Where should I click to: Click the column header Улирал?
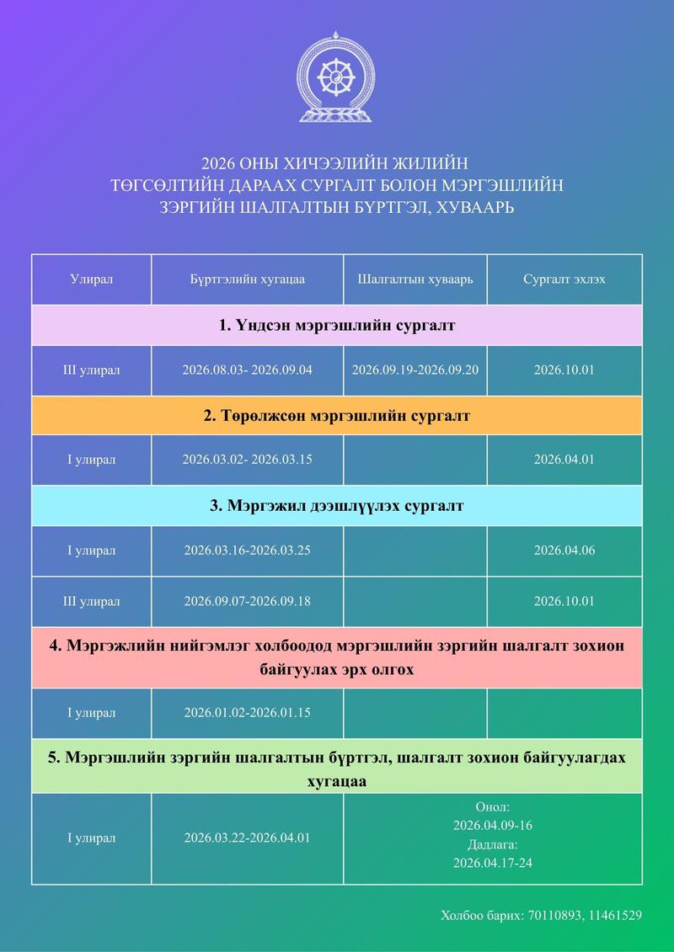click(92, 279)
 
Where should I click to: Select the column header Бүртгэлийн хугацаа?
click(247, 279)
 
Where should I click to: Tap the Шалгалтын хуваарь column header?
click(415, 279)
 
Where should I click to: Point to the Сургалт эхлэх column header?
click(564, 279)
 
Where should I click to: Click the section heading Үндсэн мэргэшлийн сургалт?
click(337, 325)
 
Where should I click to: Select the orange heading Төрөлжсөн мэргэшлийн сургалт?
click(337, 416)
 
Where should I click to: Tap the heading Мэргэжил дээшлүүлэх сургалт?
click(337, 506)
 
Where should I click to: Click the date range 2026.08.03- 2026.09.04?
click(247, 370)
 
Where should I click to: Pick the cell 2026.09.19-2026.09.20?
click(415, 370)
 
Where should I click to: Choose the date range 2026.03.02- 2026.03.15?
click(247, 460)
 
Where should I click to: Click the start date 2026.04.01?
click(564, 460)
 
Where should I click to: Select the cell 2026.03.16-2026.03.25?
click(247, 550)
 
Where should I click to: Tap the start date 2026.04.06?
click(564, 550)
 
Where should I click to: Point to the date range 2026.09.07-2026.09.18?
click(247, 601)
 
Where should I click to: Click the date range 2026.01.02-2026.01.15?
click(247, 713)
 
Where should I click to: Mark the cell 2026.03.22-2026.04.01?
click(247, 838)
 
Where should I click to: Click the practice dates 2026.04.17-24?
click(492, 863)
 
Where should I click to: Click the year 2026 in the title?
click(218, 162)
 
